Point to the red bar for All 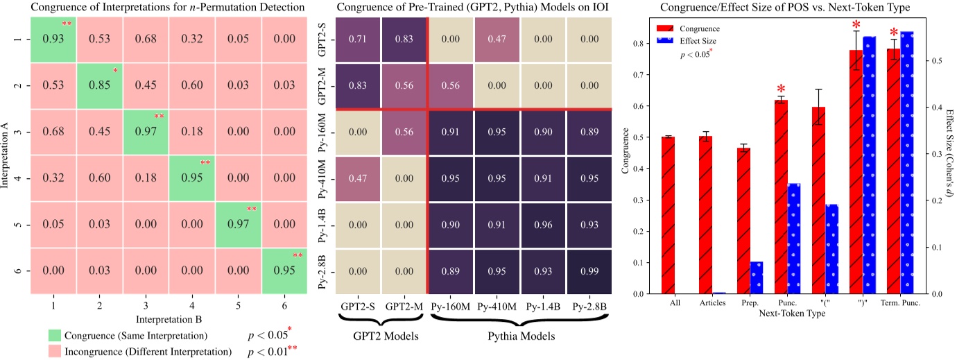[668, 215]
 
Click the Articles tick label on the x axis [705, 302]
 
